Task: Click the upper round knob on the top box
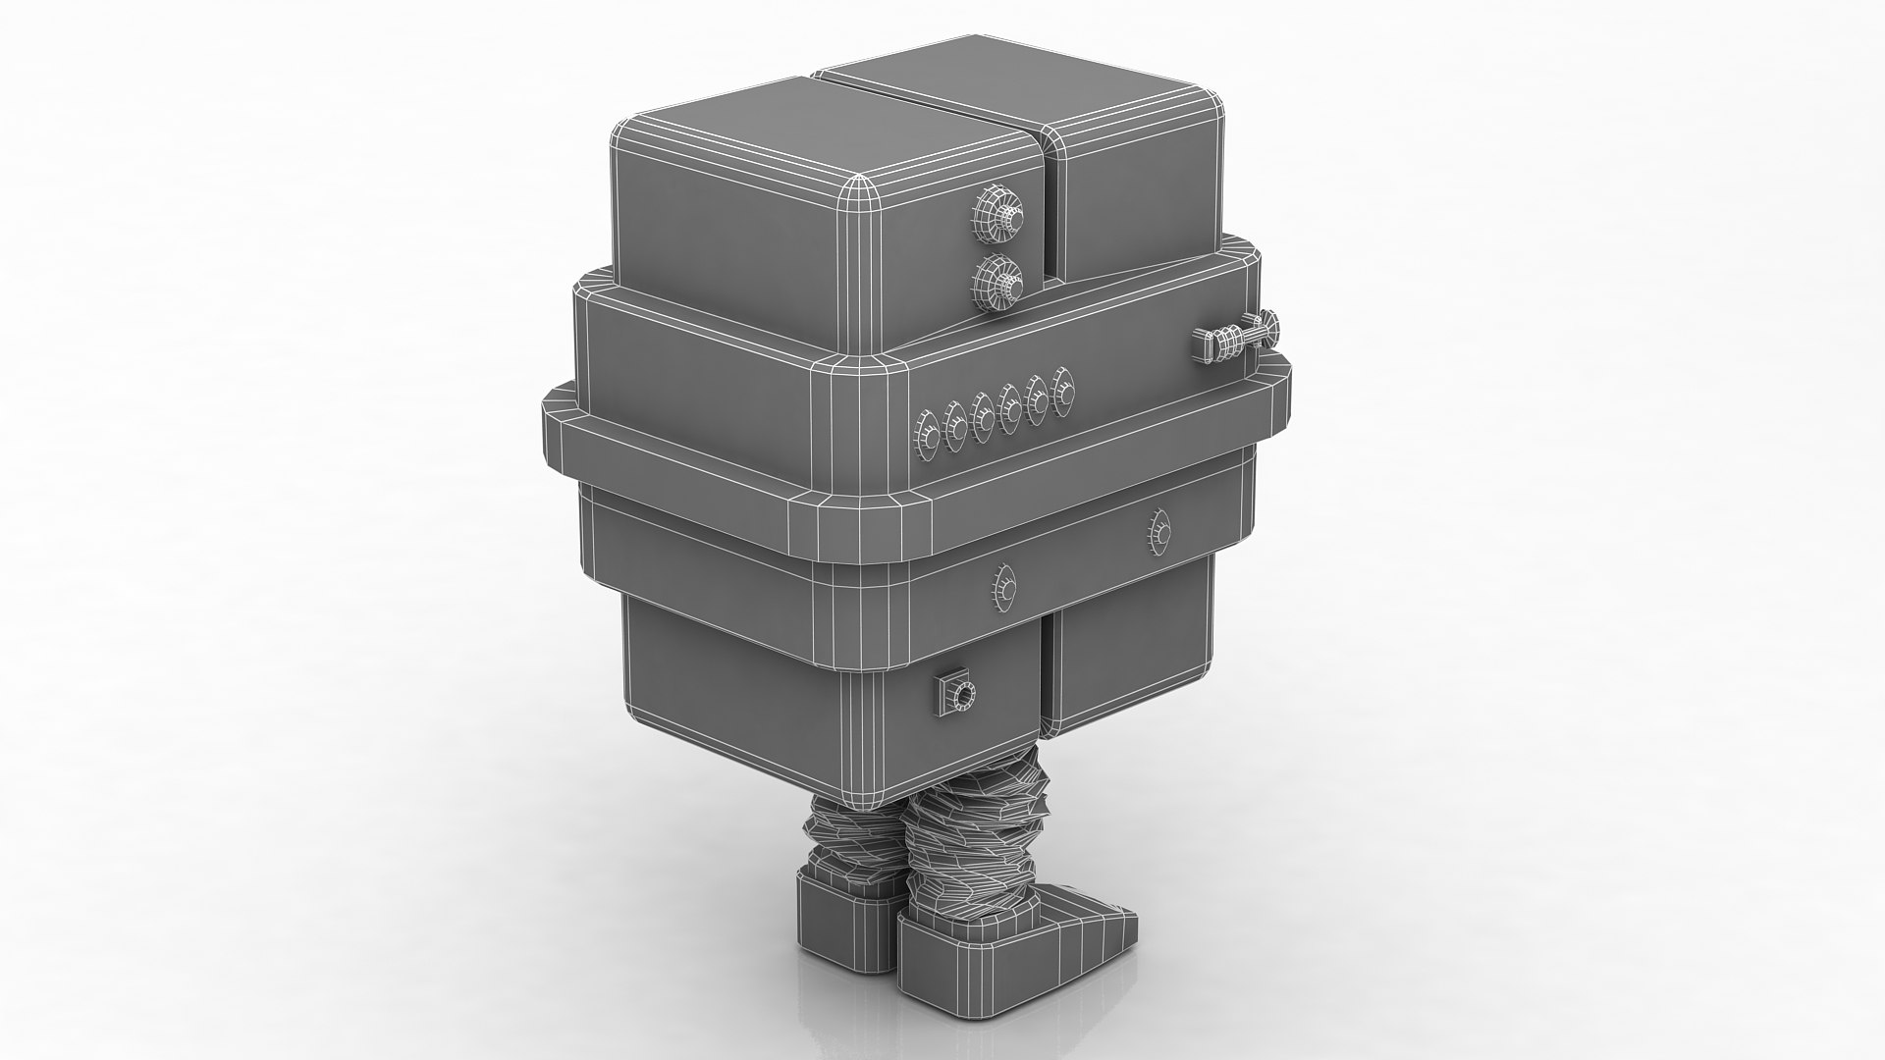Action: point(995,213)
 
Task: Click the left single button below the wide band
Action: point(1003,587)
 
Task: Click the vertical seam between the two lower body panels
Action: point(1046,677)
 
